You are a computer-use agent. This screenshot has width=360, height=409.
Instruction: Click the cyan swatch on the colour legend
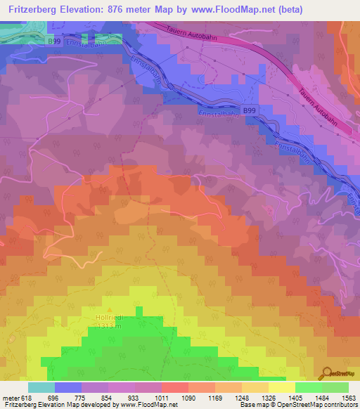point(41,387)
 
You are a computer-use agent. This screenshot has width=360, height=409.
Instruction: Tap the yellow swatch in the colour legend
point(281,387)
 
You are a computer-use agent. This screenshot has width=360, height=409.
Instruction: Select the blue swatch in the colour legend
point(67,387)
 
